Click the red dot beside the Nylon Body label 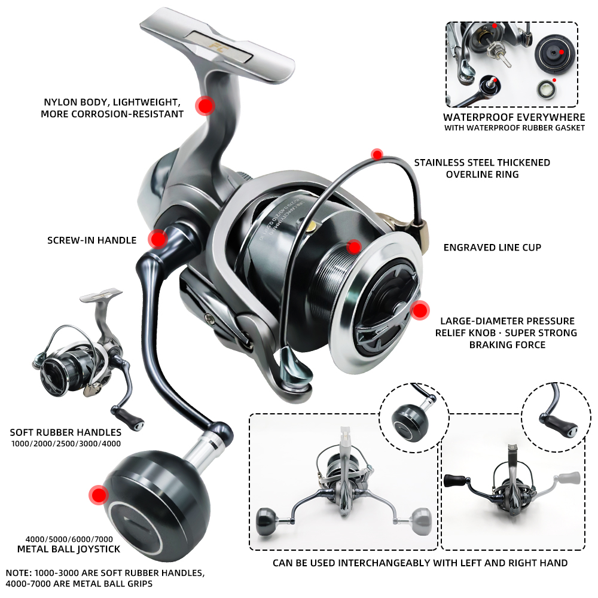[x=205, y=106]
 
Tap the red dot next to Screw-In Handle [x=158, y=239]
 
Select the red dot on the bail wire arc [x=377, y=154]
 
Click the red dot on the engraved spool [x=354, y=247]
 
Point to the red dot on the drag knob [x=420, y=310]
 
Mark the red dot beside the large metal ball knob [x=99, y=495]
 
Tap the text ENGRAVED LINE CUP [x=492, y=248]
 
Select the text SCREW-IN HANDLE [x=92, y=240]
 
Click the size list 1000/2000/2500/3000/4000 [x=66, y=444]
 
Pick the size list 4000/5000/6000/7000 [x=69, y=539]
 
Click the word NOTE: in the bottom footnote [x=19, y=573]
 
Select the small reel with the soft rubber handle [x=89, y=361]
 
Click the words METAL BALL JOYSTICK [x=69, y=549]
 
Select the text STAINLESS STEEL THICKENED [x=482, y=163]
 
